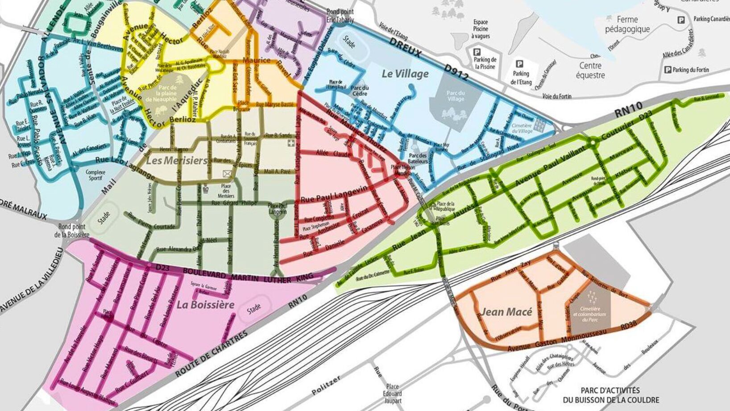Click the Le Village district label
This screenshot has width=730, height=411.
tap(405, 74)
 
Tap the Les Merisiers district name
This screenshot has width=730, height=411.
tap(177, 160)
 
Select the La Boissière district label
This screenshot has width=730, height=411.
tap(205, 305)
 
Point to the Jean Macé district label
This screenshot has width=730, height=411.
tap(506, 312)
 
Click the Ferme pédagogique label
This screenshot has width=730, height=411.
tap(627, 25)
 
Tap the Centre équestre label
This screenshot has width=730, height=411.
tap(590, 71)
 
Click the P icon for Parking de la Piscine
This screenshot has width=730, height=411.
tap(477, 52)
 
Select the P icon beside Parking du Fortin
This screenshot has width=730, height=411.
tap(668, 70)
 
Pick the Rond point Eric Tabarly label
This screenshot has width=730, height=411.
tap(340, 16)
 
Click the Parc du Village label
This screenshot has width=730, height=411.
tap(456, 96)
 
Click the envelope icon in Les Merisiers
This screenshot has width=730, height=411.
tap(227, 173)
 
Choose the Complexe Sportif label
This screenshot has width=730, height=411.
tap(95, 175)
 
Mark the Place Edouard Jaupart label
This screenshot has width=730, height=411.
tap(392, 394)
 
